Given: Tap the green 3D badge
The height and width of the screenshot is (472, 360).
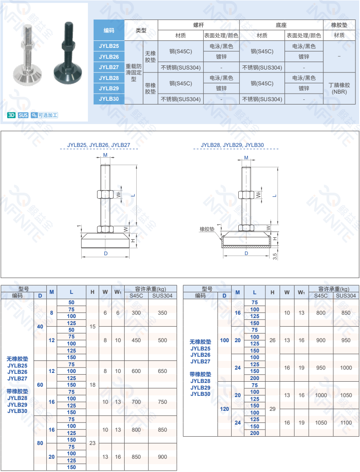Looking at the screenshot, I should [12, 115].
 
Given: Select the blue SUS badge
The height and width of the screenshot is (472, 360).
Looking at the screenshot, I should [23, 115].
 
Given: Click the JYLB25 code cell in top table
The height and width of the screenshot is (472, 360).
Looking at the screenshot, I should [109, 46].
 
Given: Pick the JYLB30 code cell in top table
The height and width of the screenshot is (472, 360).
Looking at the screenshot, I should [109, 99].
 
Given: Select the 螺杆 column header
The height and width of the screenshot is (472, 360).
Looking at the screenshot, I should [199, 25].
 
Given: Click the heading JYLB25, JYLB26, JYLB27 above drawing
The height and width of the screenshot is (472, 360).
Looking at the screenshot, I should [99, 145].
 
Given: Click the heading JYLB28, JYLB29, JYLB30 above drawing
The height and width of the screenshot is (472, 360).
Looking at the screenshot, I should [232, 145].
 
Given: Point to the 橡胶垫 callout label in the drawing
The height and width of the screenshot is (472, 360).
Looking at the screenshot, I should [206, 229].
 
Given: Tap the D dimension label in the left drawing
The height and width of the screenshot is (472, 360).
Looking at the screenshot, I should [106, 253].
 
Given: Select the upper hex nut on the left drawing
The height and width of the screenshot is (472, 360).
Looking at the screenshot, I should [105, 194].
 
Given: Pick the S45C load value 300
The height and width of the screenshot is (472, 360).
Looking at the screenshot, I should [136, 313].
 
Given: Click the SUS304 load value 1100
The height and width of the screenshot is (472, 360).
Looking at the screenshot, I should [346, 422].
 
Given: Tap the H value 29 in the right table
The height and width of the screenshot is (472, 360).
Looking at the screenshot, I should [272, 409].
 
